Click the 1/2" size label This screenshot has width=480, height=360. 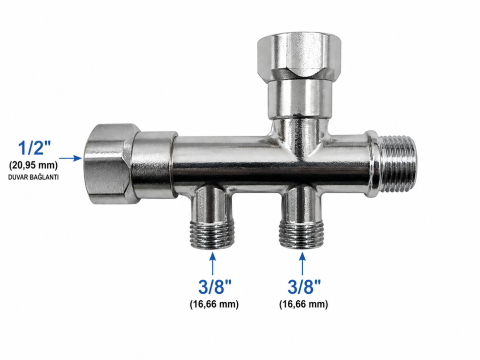tap(34, 148)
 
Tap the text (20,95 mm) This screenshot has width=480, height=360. tap(33, 165)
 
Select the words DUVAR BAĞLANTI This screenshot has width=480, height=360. tap(33, 177)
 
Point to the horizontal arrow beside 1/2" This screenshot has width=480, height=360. tap(70, 158)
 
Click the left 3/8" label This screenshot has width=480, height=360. tap(214, 287)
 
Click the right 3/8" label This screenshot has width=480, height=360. tap(304, 287)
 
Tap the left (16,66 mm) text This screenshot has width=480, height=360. tap(214, 304)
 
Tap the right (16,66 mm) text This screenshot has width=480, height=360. tap(303, 304)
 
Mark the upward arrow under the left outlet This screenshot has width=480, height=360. tap(213, 263)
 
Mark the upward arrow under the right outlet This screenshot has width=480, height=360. tap(303, 263)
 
